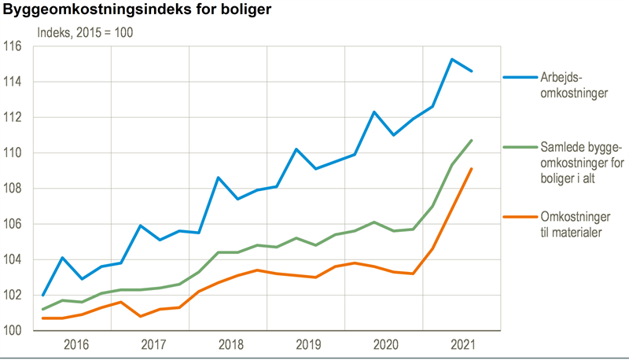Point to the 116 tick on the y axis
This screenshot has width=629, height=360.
point(14,46)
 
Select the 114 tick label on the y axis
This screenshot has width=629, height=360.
point(14,82)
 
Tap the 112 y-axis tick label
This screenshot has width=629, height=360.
point(14,117)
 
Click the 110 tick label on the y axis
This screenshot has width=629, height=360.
point(14,152)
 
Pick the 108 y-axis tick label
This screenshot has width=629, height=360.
point(14,189)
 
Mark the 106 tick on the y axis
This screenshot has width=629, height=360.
point(14,224)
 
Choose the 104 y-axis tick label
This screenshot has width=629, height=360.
point(14,259)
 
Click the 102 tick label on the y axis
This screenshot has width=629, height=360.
point(14,296)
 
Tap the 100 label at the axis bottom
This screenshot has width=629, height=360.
point(14,331)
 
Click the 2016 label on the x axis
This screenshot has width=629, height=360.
point(75,344)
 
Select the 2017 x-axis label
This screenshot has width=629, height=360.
point(153,344)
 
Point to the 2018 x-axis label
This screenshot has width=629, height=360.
point(231,344)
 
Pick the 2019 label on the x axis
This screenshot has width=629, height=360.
point(309,344)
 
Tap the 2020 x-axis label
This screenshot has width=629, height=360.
point(386,344)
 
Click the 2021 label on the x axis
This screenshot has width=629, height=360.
point(464,344)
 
